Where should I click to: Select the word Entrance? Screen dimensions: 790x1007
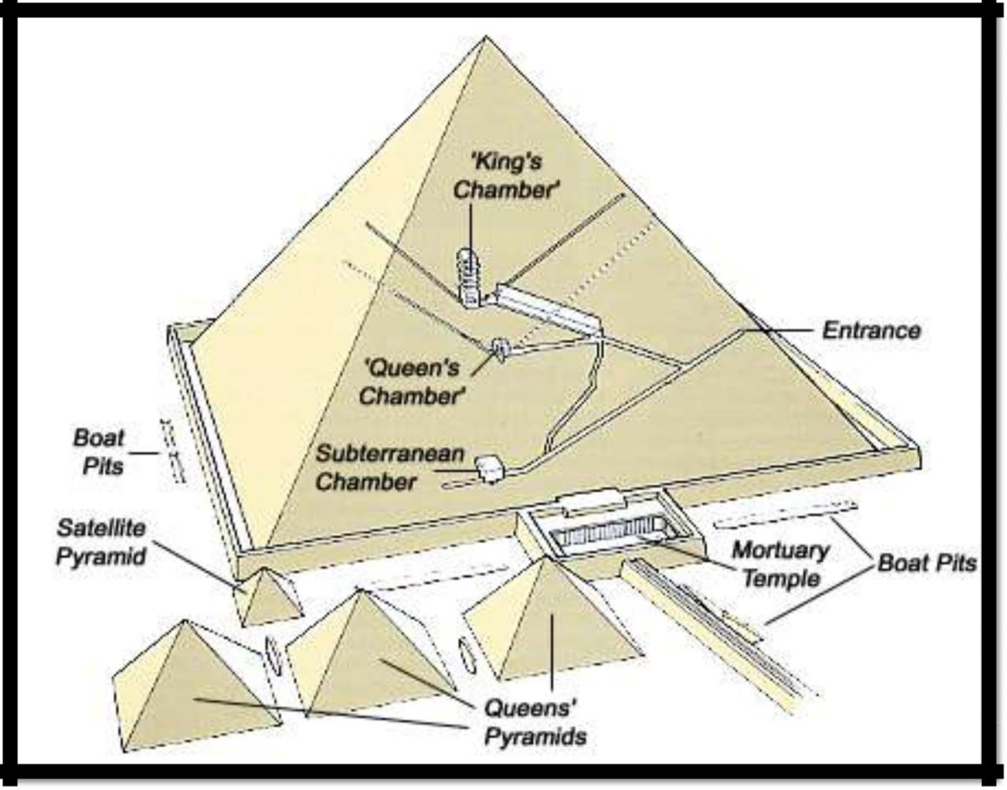[x=870, y=330]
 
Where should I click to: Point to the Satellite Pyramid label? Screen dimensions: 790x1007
[x=102, y=543]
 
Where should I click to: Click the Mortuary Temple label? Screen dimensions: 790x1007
[x=780, y=564]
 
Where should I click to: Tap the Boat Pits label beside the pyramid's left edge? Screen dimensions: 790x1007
[x=98, y=451]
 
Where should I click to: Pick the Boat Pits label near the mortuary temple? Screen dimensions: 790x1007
[x=926, y=564]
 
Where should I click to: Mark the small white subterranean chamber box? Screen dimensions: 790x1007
[x=489, y=469]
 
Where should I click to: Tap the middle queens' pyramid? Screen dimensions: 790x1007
[x=370, y=654]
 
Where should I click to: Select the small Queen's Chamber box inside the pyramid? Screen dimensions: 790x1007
[x=502, y=347]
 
